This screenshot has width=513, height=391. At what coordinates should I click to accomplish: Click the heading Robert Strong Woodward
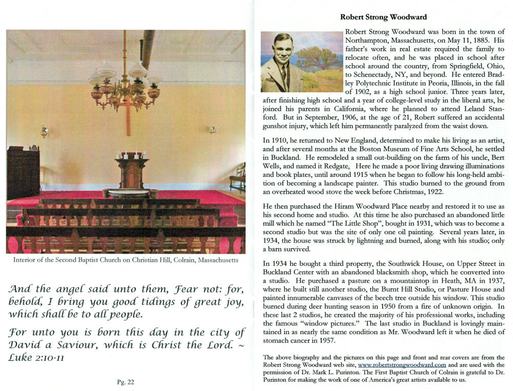point(383,17)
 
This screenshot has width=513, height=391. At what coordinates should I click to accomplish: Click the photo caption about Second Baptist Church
point(126,260)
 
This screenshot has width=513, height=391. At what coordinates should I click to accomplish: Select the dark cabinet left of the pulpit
point(23,172)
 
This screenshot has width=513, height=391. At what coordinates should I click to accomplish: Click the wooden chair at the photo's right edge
point(238,177)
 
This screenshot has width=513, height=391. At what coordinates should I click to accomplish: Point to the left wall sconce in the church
point(45,131)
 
